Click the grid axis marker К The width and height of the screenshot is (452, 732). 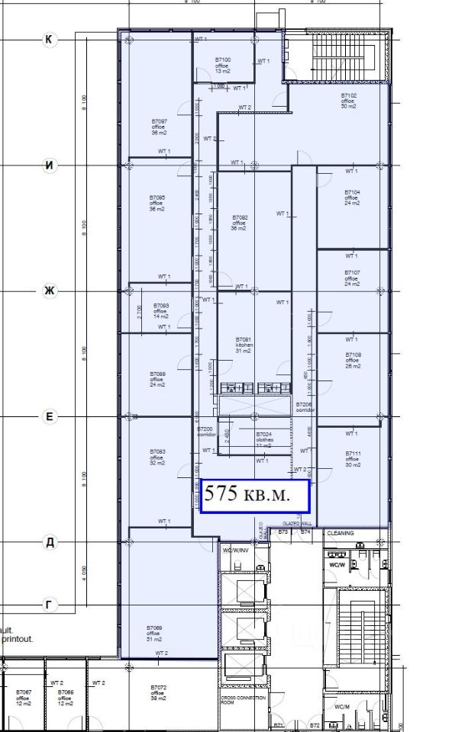pos(50,40)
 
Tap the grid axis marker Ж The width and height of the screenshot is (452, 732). pos(50,291)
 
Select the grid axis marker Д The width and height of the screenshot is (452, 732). pos(50,542)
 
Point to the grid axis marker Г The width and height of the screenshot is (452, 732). pos(50,605)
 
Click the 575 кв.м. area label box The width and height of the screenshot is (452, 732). pos(253,495)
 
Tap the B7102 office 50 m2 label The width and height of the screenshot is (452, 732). pos(348,101)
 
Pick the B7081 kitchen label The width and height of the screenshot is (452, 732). pos(244,344)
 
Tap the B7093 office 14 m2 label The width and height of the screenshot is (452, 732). pos(160,310)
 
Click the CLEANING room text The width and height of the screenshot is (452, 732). pos(341,533)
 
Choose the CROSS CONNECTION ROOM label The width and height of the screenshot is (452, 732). pos(242,701)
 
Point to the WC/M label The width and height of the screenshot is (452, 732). pos(341,706)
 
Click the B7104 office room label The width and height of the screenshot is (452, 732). pos(352,197)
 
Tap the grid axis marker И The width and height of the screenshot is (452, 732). pos(50,165)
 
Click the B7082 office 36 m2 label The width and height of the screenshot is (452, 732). pos(240,223)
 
